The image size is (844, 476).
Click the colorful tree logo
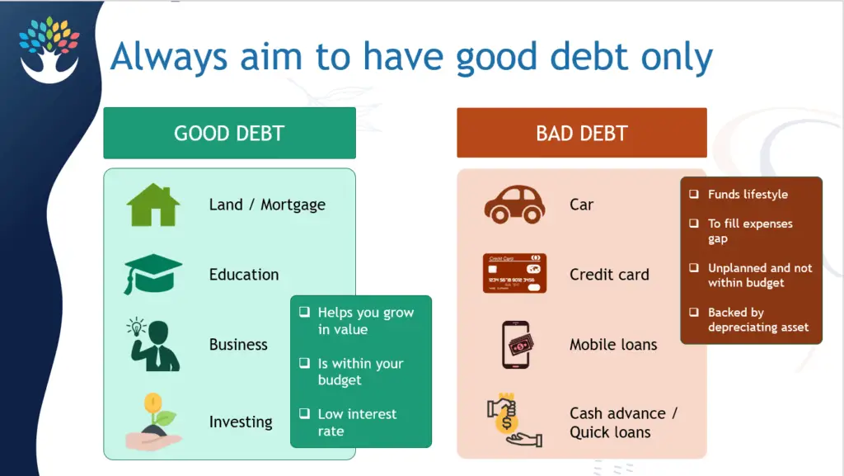pos(49,49)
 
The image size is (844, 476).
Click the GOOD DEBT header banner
pos(229,133)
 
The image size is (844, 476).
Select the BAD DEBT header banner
pos(582,133)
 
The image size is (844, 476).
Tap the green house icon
pos(152,205)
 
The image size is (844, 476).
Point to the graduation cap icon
pos(152,275)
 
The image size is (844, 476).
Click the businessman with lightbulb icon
pos(152,344)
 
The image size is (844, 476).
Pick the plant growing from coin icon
pos(154,422)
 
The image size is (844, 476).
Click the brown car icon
pos(514,205)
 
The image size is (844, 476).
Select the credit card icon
pos(514,274)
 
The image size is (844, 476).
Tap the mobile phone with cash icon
pos(517,345)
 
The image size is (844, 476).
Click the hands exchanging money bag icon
pos(514,421)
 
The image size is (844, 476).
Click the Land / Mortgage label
pos(267,205)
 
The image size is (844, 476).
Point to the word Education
pos(244,275)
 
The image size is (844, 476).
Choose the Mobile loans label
pos(613,345)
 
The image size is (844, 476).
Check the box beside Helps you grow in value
pos(305,312)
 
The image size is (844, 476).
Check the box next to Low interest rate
pos(305,413)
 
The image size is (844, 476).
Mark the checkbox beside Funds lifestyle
pos(694,194)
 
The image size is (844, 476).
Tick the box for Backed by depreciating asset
pos(694,313)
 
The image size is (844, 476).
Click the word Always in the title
pos(169,58)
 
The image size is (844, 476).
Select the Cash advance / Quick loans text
pos(623,422)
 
